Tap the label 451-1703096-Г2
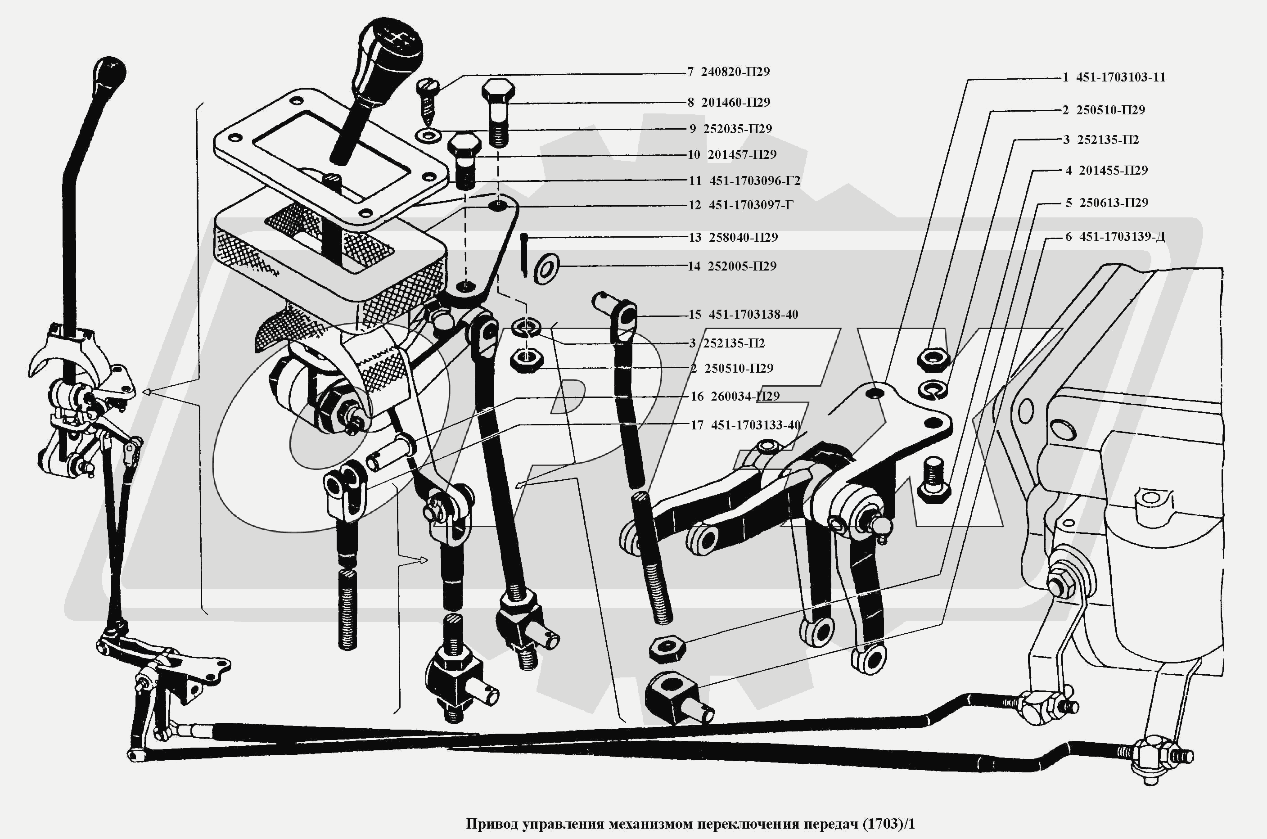754,181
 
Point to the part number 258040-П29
743,238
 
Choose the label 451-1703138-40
753,315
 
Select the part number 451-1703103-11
1120,77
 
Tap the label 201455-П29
1113,171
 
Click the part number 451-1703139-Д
1122,236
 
